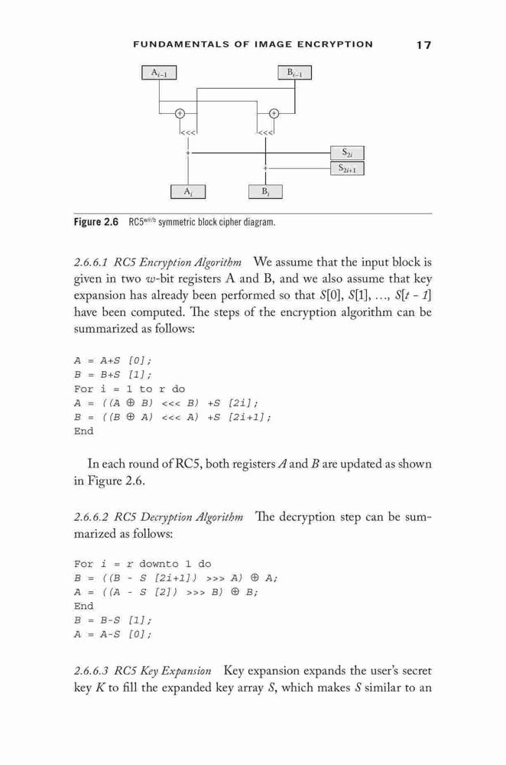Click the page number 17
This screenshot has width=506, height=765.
pyautogui.click(x=423, y=45)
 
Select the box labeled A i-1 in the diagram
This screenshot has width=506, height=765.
pyautogui.click(x=159, y=73)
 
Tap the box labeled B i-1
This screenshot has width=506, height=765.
pyautogui.click(x=294, y=73)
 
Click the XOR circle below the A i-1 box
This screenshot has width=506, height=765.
pyautogui.click(x=180, y=113)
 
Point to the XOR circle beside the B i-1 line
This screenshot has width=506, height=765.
pyautogui.click(x=274, y=113)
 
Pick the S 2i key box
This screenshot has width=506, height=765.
pyautogui.click(x=347, y=153)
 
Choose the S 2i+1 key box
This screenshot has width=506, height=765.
pyautogui.click(x=347, y=168)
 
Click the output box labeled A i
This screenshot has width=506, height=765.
pyautogui.click(x=188, y=192)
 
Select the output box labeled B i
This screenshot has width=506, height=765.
pyautogui.click(x=265, y=192)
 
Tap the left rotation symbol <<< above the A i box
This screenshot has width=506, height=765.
pyautogui.click(x=188, y=132)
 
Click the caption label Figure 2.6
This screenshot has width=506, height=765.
pyautogui.click(x=96, y=223)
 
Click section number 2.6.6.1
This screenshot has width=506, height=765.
pyautogui.click(x=91, y=263)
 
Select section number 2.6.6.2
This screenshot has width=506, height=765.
pyautogui.click(x=91, y=517)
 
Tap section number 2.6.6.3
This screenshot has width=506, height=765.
pyautogui.click(x=91, y=672)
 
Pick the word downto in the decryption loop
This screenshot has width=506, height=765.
pyautogui.click(x=159, y=565)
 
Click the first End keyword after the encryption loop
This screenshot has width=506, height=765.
pyautogui.click(x=83, y=431)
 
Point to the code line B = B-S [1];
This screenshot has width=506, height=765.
pyautogui.click(x=112, y=620)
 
